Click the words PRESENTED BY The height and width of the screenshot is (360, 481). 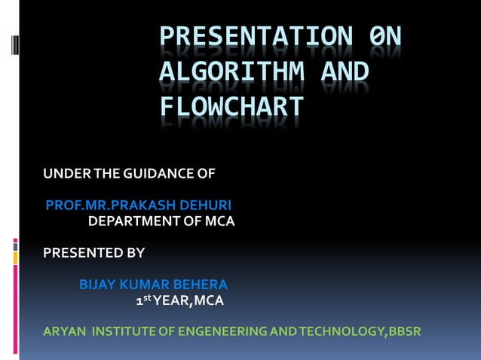click(x=93, y=253)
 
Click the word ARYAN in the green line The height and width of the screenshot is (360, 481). click(x=65, y=332)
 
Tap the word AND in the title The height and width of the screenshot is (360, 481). click(x=345, y=73)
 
